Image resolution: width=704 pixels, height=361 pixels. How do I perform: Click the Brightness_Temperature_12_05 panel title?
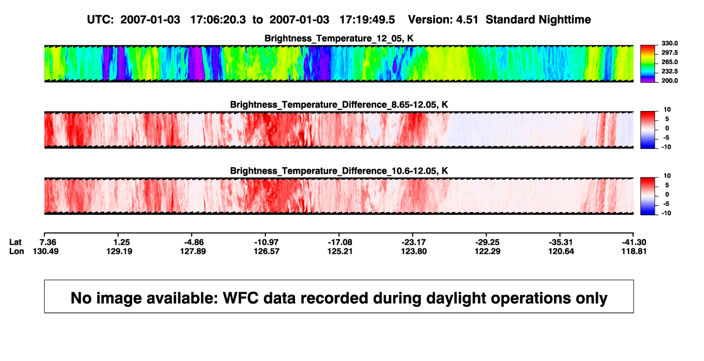339,38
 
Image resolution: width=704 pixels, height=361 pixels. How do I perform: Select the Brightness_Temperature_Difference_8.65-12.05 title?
339,104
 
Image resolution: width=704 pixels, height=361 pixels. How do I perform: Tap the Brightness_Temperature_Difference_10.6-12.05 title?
339,171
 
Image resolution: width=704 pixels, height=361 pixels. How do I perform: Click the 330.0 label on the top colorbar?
669,43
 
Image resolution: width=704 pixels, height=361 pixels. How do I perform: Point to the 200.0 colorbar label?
669,81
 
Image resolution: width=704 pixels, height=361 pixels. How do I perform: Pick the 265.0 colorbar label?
669,62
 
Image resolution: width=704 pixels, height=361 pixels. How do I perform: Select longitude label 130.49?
45,251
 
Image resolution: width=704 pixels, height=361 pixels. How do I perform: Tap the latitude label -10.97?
266,242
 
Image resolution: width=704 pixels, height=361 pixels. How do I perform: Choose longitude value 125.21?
340,251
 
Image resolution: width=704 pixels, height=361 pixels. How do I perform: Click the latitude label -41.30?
634,242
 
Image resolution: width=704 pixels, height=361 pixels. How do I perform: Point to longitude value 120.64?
561,251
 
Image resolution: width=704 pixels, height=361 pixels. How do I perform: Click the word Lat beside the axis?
15,242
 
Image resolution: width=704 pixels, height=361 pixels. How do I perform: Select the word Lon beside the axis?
17,251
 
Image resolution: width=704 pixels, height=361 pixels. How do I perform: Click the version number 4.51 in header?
467,19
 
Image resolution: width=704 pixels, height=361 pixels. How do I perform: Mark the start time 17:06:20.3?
218,19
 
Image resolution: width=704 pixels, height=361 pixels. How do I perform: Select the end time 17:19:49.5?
367,19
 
